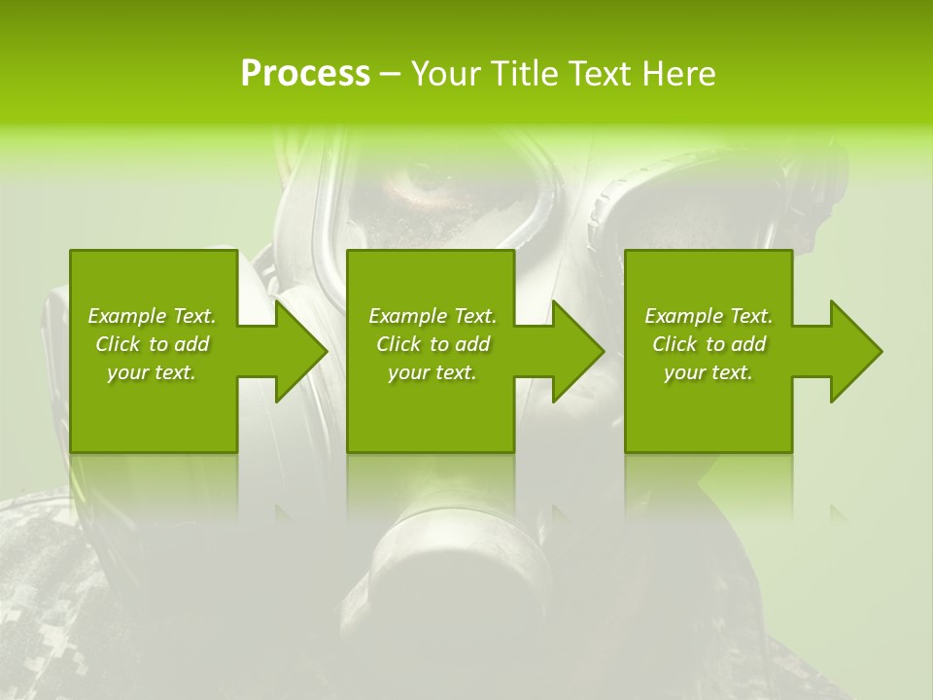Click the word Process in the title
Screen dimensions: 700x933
[305, 73]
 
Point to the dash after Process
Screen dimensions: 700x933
[391, 74]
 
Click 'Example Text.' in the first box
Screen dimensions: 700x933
[152, 316]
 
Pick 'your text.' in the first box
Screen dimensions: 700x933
[152, 372]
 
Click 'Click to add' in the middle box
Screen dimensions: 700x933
[432, 344]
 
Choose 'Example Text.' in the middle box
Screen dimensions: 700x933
[432, 316]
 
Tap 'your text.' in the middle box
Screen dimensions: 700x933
[432, 372]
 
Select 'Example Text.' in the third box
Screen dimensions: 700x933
[708, 316]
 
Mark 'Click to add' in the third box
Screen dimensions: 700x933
[708, 344]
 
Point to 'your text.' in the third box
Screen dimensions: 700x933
[708, 372]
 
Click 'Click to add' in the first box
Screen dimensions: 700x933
[152, 344]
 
